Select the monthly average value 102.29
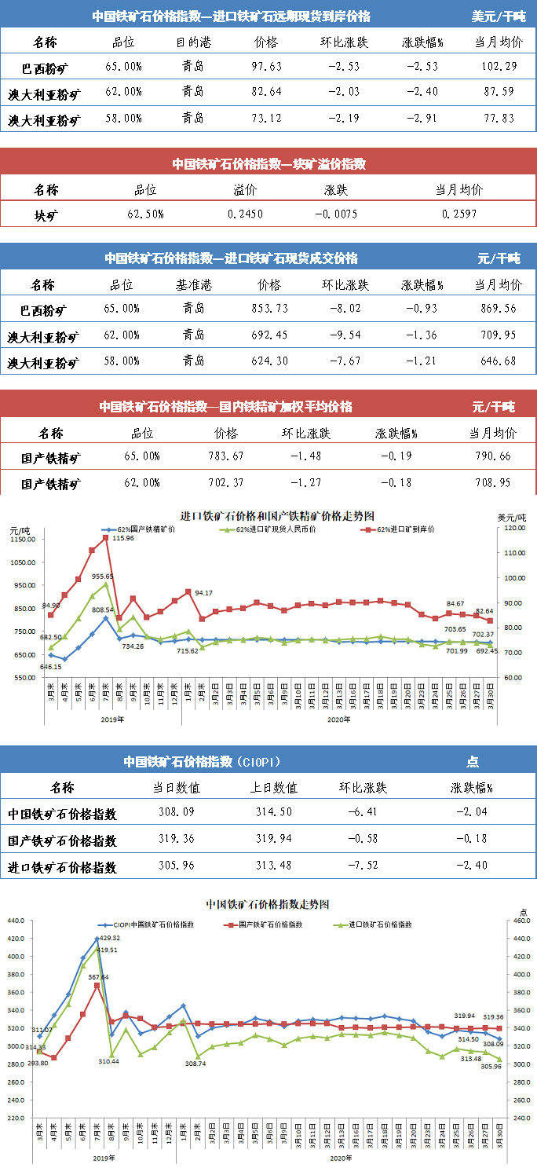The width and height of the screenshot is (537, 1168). pyautogui.click(x=499, y=66)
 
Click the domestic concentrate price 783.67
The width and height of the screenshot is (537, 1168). pyautogui.click(x=226, y=456)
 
